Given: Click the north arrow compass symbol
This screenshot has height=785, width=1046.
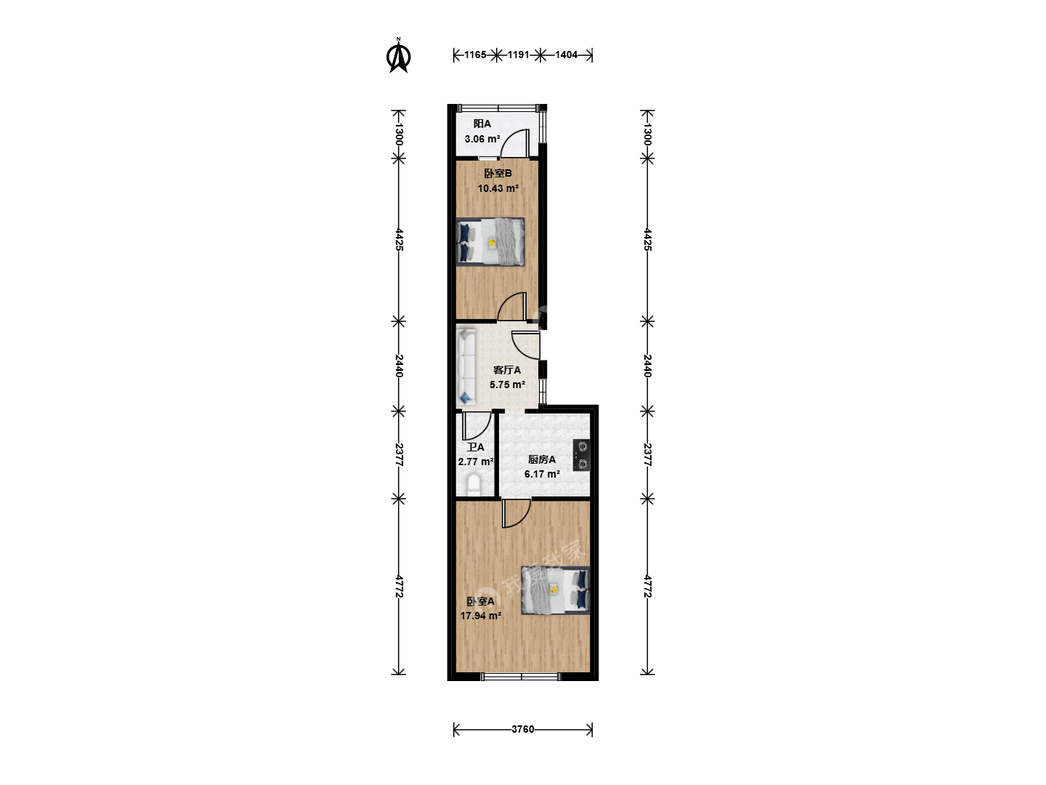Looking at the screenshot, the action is (398, 56).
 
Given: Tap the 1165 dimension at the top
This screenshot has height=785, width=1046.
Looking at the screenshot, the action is (475, 55).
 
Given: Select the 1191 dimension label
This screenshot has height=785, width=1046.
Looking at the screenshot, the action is (518, 55).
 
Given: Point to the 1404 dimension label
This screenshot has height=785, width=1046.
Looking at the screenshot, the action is (566, 55).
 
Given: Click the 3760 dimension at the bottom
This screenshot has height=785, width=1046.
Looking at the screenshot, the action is (523, 729).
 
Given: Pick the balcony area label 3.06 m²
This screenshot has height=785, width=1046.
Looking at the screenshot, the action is (482, 139).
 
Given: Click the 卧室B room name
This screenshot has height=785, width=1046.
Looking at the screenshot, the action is (498, 174).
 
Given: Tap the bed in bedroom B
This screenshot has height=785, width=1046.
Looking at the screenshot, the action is (490, 241).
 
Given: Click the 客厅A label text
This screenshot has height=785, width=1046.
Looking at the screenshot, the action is (507, 370).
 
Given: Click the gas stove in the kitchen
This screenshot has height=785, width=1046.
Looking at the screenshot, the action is (582, 455).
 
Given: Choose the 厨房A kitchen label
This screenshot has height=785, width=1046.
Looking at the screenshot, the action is (542, 459).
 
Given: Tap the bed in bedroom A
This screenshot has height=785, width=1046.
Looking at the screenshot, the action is (555, 590).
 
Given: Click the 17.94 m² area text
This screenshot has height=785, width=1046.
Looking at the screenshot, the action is (480, 616).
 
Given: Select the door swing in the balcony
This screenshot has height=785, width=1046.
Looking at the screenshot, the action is (515, 143).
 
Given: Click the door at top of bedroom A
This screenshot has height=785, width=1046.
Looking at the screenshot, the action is (516, 513).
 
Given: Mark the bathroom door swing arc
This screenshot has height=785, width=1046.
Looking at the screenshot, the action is (477, 426).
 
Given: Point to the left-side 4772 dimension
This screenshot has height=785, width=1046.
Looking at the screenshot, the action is (399, 587).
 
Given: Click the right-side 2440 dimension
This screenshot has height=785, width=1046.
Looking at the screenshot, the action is (647, 366).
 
